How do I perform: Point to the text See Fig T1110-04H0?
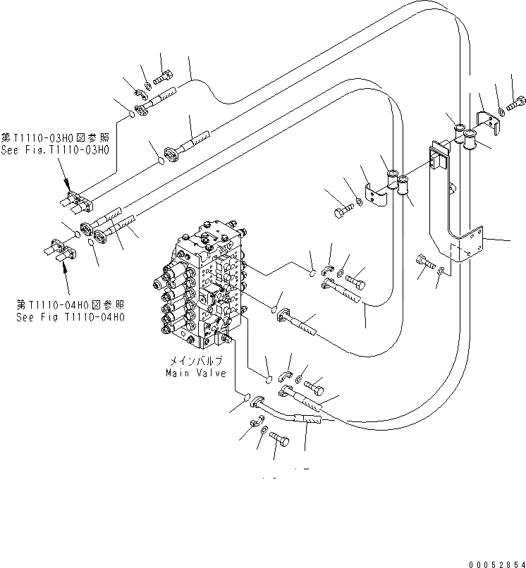70,317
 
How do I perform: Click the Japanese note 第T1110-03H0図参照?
55,139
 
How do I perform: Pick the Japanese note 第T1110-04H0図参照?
71,305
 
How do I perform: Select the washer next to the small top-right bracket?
501,111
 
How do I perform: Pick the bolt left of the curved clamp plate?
341,209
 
